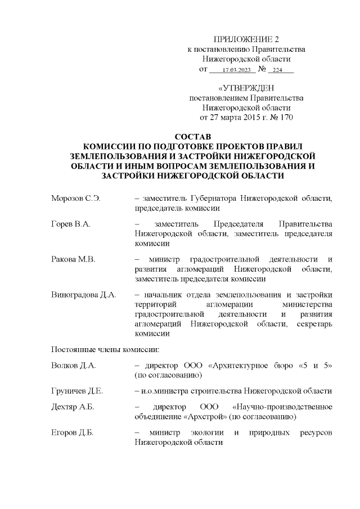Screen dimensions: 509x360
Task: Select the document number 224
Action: point(278,70)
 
